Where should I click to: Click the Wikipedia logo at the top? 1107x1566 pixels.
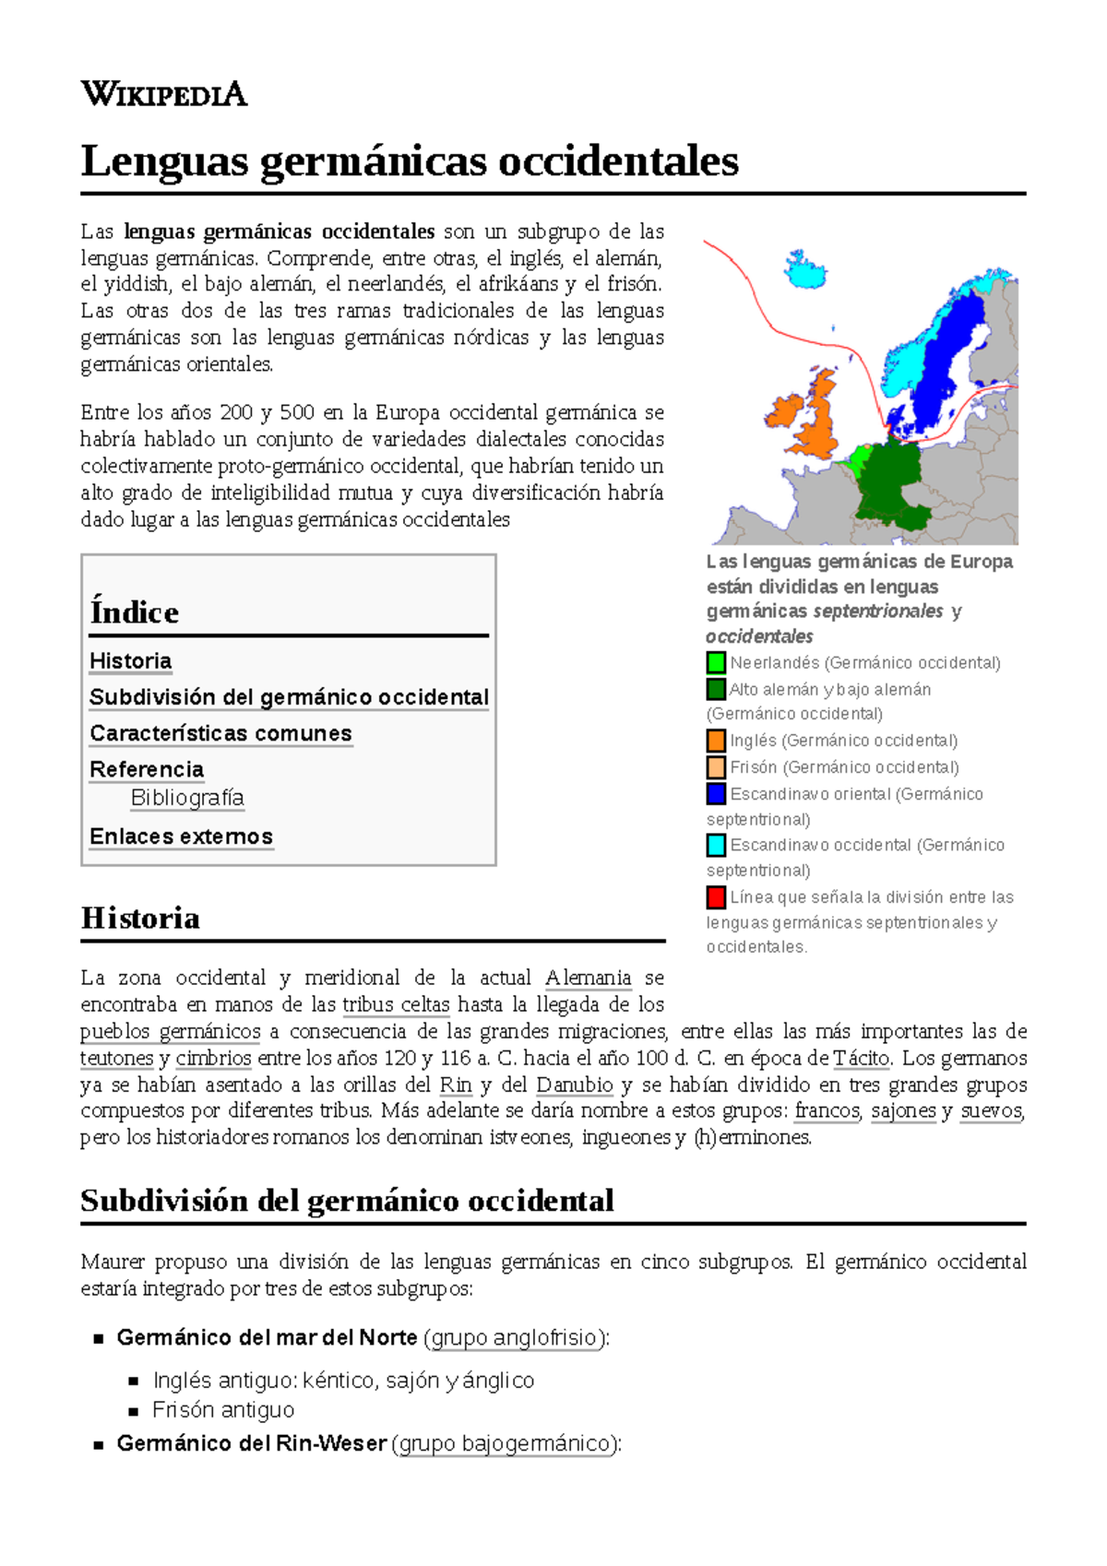[163, 94]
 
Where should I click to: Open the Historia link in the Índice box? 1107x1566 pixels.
[130, 661]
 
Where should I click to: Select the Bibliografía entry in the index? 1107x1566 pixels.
[187, 798]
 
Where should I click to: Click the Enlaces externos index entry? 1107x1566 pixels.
[181, 836]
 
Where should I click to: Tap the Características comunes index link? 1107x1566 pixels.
[220, 733]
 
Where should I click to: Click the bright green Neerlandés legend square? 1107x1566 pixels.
[716, 662]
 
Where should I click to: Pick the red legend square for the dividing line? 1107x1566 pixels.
[716, 896]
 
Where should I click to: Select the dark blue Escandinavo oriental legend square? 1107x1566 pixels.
[716, 793]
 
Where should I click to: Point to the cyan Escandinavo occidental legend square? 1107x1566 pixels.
[716, 845]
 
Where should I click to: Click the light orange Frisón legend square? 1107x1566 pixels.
[716, 767]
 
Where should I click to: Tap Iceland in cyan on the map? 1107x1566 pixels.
[805, 269]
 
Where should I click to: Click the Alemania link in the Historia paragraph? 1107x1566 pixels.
[588, 978]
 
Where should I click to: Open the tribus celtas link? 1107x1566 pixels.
[396, 1004]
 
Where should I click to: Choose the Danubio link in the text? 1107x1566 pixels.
[574, 1085]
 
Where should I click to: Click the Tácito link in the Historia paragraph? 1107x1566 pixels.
[862, 1058]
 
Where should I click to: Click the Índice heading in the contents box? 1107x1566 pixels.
[135, 612]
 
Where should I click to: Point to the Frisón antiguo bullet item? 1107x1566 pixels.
[223, 1409]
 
